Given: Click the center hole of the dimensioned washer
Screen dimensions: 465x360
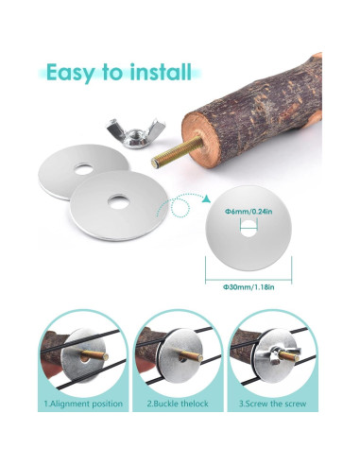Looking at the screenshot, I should [x=249, y=227].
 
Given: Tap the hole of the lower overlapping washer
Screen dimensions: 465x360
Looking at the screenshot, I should [x=117, y=200].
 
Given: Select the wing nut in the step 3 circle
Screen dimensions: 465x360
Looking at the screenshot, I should [x=273, y=358].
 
